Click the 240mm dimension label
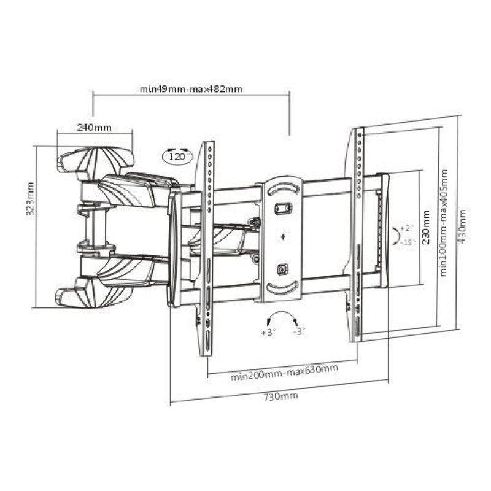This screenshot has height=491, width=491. (x=95, y=128)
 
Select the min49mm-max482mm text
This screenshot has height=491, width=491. (x=191, y=89)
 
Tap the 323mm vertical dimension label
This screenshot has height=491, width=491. (x=30, y=199)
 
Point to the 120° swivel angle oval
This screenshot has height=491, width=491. (x=178, y=156)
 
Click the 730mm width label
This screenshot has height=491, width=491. (x=280, y=396)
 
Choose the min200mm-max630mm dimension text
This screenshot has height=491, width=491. (x=284, y=373)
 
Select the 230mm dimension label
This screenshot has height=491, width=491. (x=426, y=228)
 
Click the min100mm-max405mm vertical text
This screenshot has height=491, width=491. (x=443, y=223)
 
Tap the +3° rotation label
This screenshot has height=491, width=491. (x=268, y=332)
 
